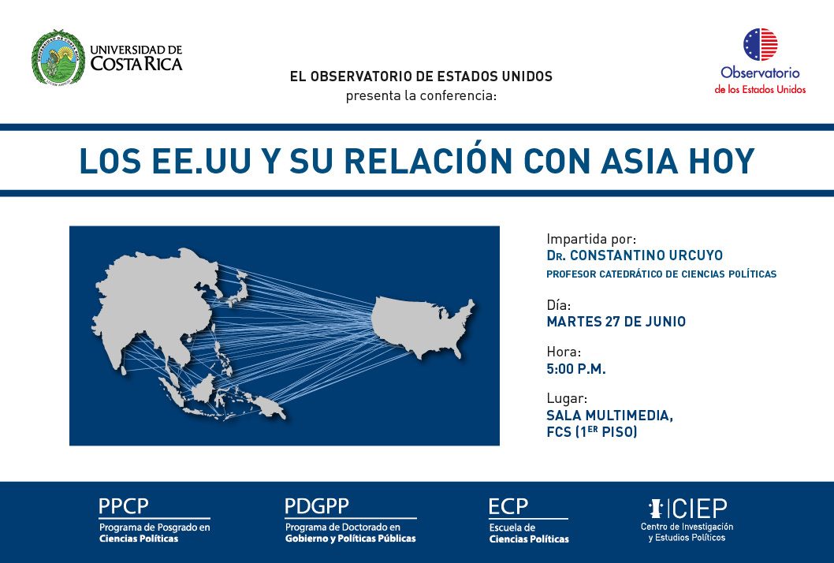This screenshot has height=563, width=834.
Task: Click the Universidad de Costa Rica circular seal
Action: (58, 57)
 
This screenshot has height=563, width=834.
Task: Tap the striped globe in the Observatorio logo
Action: (760, 44)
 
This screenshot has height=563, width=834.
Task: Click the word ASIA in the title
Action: (640, 161)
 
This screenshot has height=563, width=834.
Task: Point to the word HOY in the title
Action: (722, 161)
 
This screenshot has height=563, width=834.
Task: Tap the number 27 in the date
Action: (612, 322)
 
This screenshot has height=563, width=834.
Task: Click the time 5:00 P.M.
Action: (576, 369)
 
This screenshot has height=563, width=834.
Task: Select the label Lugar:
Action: (567, 398)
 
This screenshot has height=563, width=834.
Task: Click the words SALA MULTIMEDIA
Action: (609, 415)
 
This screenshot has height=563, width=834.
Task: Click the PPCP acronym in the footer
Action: (124, 506)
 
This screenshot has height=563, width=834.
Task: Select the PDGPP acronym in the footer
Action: (317, 506)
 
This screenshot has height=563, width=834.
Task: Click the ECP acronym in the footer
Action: (508, 506)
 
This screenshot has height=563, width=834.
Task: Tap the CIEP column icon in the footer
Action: (656, 508)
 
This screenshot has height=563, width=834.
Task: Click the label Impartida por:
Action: (591, 239)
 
